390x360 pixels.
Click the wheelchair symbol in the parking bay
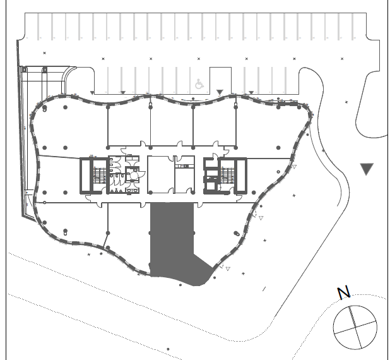[x=199, y=84]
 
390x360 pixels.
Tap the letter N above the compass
[x=344, y=293]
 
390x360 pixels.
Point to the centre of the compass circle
[x=355, y=327]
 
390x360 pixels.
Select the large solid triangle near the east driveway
[x=367, y=169]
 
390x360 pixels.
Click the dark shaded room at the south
[x=174, y=239]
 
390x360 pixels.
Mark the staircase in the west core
[x=100, y=176]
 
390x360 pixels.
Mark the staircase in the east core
[x=228, y=176]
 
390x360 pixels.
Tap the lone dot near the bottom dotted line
[x=168, y=349]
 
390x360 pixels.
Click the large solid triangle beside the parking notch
[x=220, y=92]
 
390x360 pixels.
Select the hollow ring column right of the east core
[x=278, y=172]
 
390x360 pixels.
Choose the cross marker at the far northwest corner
[x=45, y=53]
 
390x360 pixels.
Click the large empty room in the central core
[x=161, y=174]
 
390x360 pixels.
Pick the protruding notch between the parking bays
[x=221, y=80]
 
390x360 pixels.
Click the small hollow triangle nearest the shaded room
[x=228, y=268]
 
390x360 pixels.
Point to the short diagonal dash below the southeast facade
[x=264, y=289]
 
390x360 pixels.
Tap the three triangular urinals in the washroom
[x=116, y=191]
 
